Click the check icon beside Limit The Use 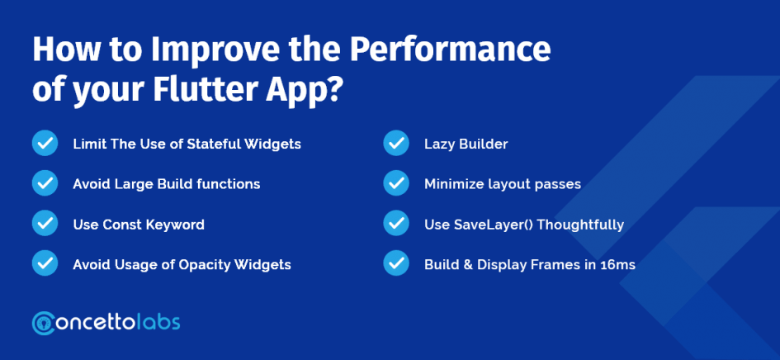click(x=45, y=144)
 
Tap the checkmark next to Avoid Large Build click(x=45, y=183)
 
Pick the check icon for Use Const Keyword click(x=45, y=223)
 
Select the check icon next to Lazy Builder click(x=396, y=144)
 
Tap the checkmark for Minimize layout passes click(x=396, y=183)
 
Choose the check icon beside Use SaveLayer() click(x=396, y=223)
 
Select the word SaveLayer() click(x=494, y=225)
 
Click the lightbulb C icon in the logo click(x=44, y=323)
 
